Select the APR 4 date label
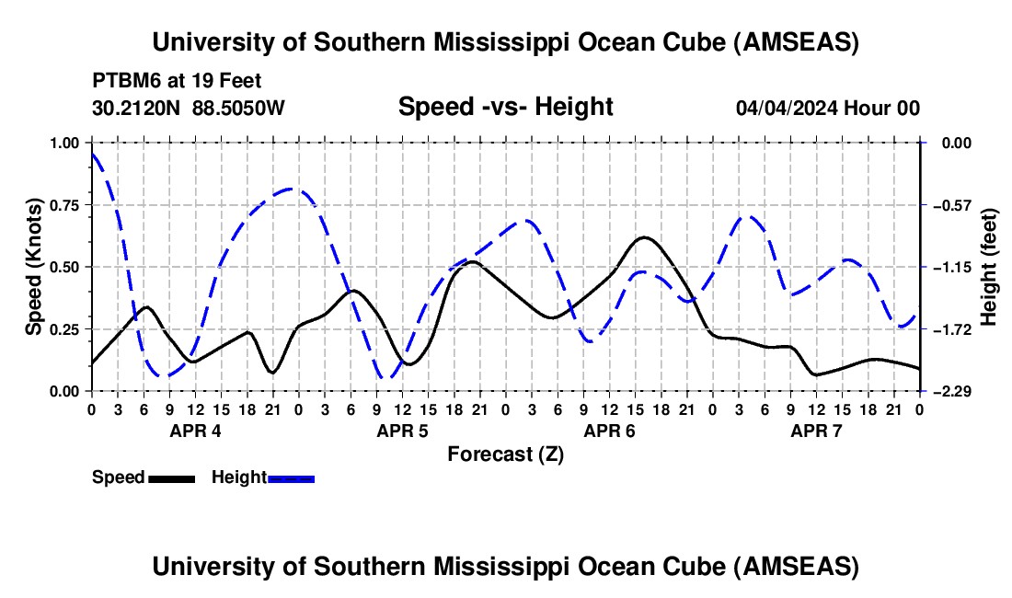coord(194,431)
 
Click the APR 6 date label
coord(609,431)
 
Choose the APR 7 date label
coord(816,431)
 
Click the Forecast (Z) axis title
coord(505,454)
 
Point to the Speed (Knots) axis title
coord(33,267)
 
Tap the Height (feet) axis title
coord(989,267)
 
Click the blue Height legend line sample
coord(292,477)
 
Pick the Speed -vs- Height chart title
coord(505,107)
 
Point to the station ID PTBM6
coord(123,79)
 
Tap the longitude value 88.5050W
coord(239,108)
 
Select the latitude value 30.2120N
coord(137,108)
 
